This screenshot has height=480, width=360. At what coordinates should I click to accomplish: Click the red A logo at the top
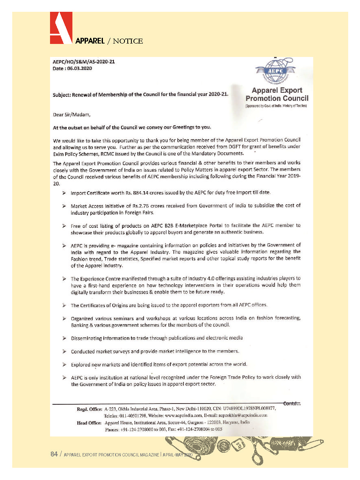coord(61,28)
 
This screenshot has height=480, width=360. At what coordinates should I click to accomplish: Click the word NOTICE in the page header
coord(128,41)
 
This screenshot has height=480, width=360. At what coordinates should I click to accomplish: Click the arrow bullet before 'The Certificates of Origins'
coord(64,305)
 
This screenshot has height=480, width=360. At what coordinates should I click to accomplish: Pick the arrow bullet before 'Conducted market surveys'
coord(64,351)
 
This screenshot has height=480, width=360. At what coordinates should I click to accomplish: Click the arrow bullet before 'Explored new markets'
coord(64,364)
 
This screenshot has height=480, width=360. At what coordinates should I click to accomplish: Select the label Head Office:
coord(89,423)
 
